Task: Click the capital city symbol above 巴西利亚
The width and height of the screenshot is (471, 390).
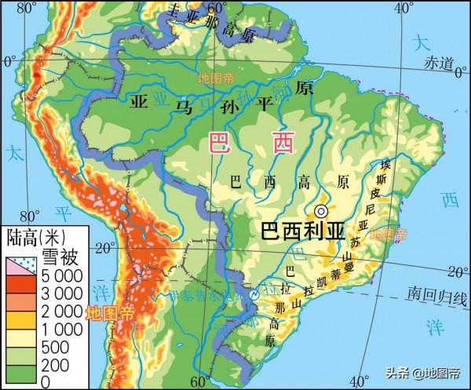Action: click(x=321, y=211)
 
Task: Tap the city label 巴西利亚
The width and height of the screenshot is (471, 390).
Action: click(x=303, y=231)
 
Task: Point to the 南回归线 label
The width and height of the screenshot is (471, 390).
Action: click(x=434, y=295)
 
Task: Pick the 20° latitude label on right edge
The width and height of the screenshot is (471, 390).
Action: click(x=455, y=272)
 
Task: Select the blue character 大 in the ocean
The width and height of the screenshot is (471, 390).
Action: click(x=423, y=43)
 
